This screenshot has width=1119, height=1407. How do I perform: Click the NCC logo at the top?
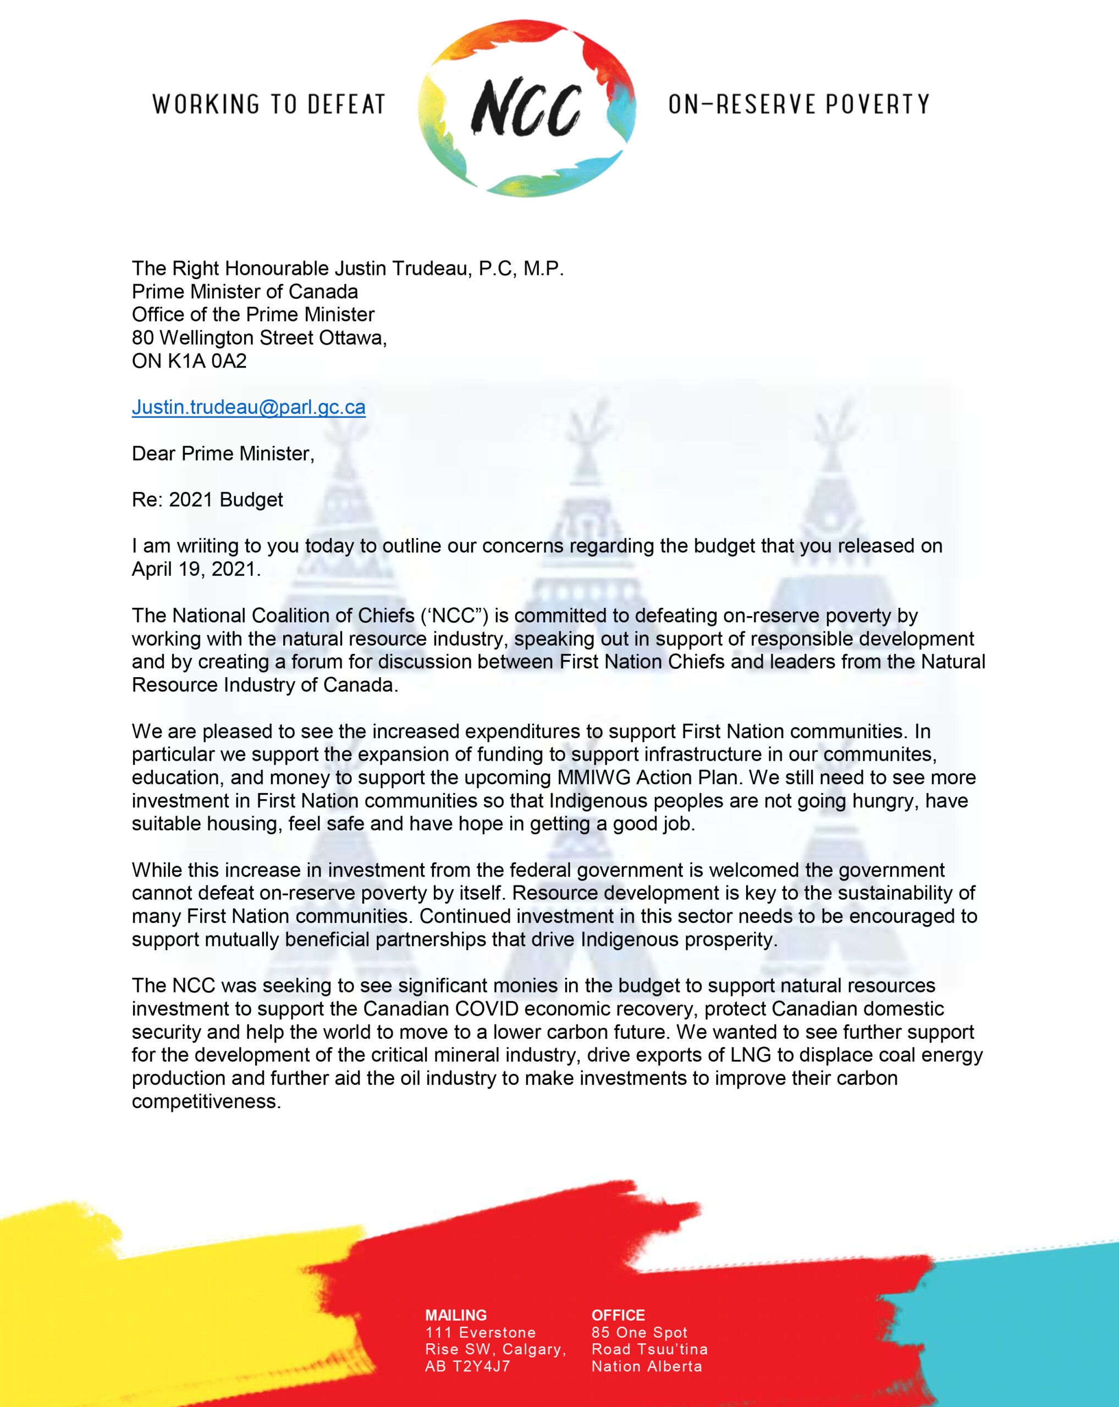[526, 108]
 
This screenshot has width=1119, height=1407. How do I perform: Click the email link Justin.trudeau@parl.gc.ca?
[248, 407]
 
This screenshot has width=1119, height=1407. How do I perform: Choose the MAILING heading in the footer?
[456, 1315]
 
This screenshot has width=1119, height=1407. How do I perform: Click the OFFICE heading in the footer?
[618, 1315]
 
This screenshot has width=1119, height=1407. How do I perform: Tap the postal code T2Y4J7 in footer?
[481, 1366]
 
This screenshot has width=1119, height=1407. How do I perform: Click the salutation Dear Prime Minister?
[223, 453]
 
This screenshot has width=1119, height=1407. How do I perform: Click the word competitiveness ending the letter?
[206, 1101]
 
